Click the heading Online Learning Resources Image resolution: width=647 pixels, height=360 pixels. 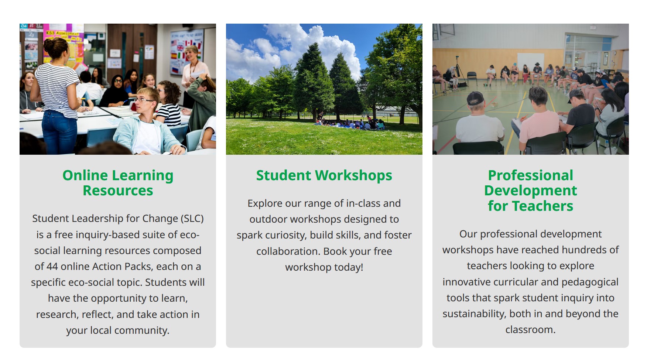tap(118, 183)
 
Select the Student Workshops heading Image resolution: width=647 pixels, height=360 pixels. tap(324, 175)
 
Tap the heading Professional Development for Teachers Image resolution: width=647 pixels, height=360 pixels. tap(531, 191)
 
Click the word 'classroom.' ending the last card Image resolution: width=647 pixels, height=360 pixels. tap(531, 330)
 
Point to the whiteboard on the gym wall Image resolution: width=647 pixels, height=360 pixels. tap(530, 62)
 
